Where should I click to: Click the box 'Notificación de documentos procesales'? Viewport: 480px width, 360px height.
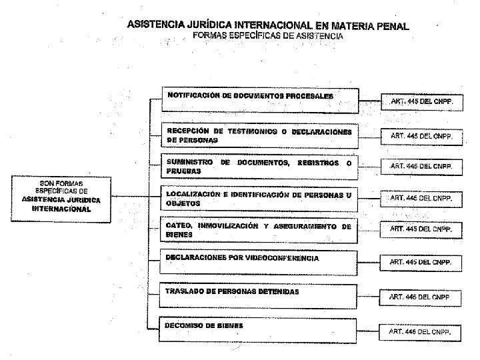[260, 100]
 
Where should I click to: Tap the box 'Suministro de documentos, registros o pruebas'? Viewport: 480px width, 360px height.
[260, 166]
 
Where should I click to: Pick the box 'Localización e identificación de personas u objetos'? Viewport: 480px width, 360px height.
[260, 198]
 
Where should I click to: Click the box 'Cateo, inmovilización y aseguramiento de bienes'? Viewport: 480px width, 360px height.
[260, 230]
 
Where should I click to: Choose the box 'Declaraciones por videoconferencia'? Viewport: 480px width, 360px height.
[260, 261]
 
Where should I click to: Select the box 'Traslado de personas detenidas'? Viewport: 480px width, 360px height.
[260, 295]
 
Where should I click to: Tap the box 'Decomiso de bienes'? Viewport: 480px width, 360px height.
[260, 329]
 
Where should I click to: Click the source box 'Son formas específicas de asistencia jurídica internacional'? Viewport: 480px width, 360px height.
[61, 195]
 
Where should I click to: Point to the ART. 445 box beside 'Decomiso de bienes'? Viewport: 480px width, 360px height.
[421, 331]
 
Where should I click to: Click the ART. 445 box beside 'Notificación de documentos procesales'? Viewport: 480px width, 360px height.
[421, 103]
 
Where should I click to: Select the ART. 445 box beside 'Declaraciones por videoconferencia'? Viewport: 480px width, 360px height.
[421, 262]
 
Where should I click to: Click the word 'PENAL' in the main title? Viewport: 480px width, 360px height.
[392, 26]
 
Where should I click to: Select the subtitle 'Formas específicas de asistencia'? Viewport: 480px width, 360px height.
[268, 36]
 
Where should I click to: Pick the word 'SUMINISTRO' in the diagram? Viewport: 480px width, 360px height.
[190, 163]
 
